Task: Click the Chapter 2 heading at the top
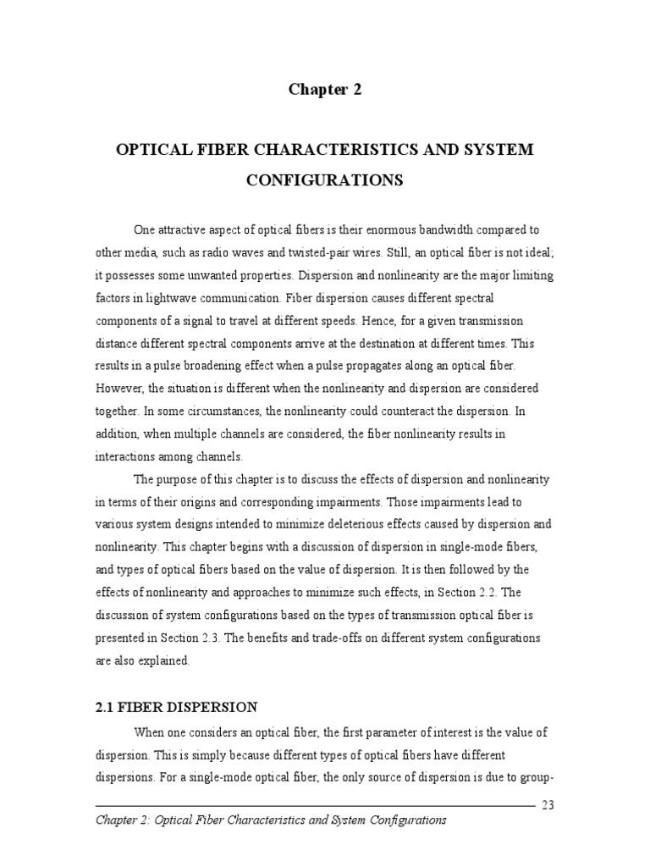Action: [x=325, y=90]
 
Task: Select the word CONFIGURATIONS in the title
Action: [x=324, y=181]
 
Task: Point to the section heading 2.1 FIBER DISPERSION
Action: [x=177, y=706]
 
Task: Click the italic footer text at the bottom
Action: [x=271, y=820]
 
